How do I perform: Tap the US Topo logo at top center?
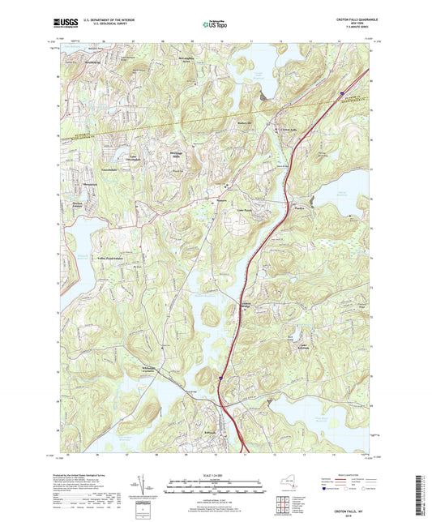[214, 24]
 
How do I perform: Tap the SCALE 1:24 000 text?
[215, 473]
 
